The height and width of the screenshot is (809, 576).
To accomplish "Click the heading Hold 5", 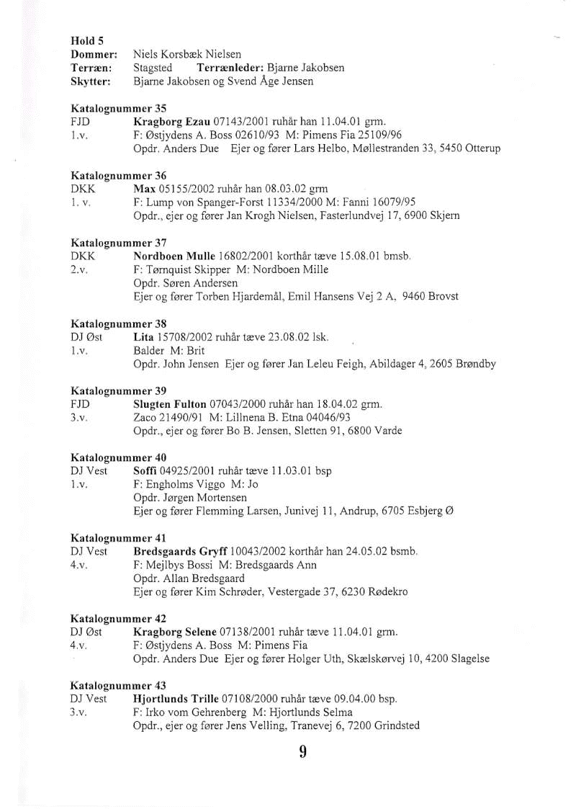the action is [83, 41].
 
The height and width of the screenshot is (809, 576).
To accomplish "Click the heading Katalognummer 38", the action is [119, 324].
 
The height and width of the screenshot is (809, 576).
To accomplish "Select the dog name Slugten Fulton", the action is [170, 404].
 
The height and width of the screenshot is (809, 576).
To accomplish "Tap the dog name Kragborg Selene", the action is [175, 632].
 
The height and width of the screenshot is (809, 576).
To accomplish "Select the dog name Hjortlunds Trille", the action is [176, 699].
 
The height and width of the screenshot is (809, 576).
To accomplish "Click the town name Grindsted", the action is [397, 726].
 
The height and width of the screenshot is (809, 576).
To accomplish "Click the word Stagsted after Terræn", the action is [153, 68].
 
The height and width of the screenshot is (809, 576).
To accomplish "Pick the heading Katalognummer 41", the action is [118, 538].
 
